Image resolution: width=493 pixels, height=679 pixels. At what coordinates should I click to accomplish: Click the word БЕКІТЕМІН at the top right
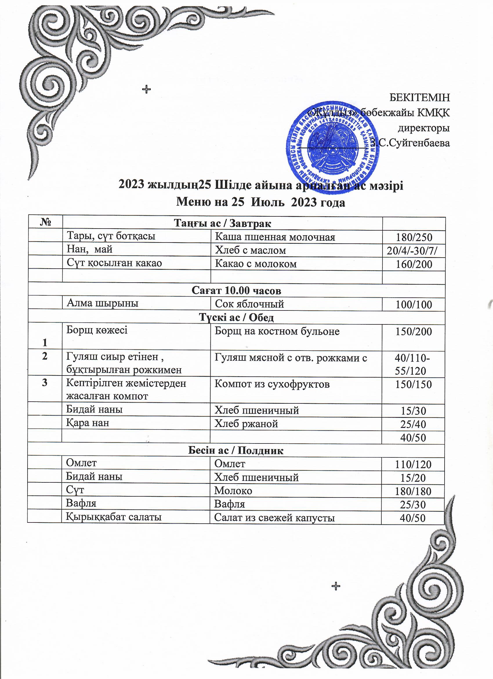(x=419, y=97)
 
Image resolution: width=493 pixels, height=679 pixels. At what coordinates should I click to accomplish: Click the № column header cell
(x=45, y=223)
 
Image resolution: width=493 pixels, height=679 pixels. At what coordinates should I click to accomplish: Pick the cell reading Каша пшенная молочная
(x=275, y=237)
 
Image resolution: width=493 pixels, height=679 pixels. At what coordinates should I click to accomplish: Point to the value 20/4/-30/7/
(x=414, y=251)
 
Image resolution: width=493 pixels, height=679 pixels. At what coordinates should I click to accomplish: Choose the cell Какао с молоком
(x=255, y=264)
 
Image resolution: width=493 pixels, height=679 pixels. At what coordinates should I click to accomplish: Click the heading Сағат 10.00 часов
(x=236, y=290)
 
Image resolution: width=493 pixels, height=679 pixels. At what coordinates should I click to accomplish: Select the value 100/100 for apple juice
(x=414, y=305)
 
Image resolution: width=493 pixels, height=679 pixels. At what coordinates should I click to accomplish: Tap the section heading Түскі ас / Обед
(x=236, y=318)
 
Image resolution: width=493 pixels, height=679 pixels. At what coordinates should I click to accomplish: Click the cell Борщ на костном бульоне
(x=277, y=331)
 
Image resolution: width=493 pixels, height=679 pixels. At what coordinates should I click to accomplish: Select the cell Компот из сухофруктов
(x=272, y=384)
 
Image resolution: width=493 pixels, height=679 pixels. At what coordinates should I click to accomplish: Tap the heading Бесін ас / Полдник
(x=235, y=450)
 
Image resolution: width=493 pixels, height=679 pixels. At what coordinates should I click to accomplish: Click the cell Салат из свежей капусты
(x=274, y=518)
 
